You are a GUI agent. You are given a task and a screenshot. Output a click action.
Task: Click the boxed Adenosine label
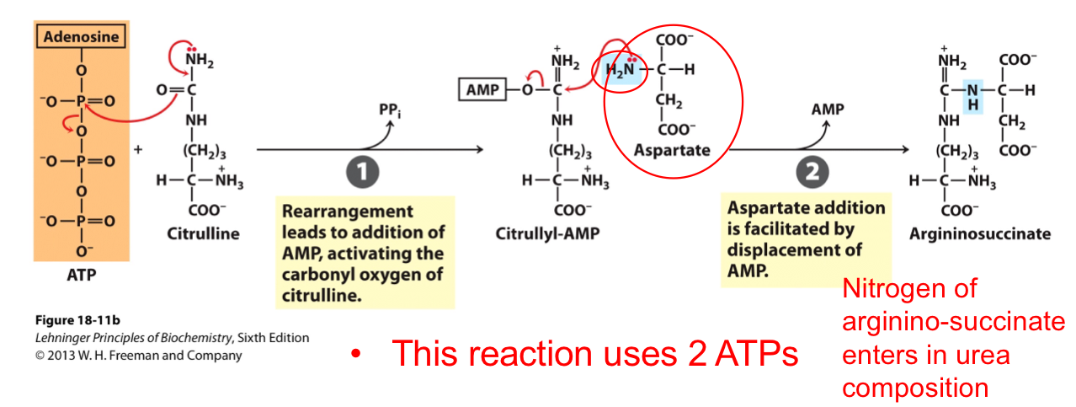[81, 37]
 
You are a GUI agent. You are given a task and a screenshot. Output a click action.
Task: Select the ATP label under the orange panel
[81, 275]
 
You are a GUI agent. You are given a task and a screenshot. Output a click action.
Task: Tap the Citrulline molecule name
[203, 233]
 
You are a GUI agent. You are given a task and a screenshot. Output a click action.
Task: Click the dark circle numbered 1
[360, 173]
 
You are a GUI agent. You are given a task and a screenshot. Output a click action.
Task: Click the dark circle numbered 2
[812, 173]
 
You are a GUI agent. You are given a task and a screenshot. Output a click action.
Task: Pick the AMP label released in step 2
[828, 110]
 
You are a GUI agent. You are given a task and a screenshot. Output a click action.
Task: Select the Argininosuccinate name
[979, 233]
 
